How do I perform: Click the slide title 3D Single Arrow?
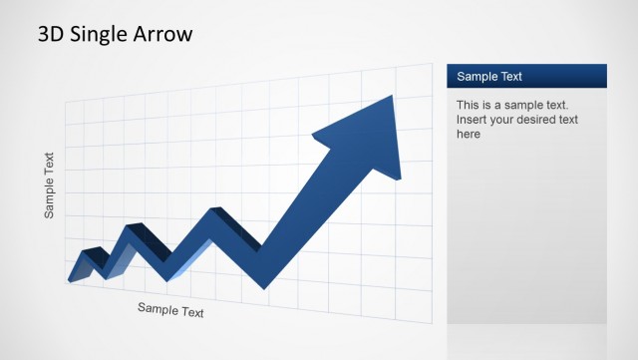coord(116,34)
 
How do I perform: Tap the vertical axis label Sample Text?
coord(50,184)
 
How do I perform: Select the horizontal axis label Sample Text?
coord(170,310)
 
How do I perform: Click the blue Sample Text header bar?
coord(526,76)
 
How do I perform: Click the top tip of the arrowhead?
coord(393,97)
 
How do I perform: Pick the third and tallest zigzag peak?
coord(214,210)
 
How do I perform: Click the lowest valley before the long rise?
coord(265,284)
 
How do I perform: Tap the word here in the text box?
coord(469,134)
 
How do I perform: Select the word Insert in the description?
coord(473,120)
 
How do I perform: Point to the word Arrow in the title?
coord(164,34)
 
